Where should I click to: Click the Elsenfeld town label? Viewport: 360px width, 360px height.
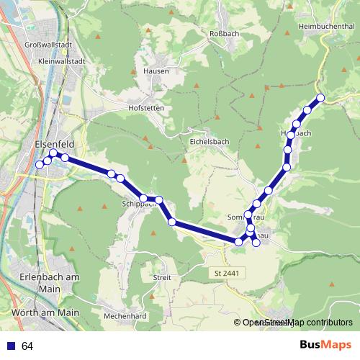click(55, 143)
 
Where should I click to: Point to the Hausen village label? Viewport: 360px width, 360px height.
click(156, 71)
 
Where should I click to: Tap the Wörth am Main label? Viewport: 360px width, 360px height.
click(45, 312)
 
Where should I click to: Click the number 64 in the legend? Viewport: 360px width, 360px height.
click(27, 346)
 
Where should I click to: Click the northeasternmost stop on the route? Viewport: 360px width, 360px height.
click(320, 98)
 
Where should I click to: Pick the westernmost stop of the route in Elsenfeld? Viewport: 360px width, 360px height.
click(40, 165)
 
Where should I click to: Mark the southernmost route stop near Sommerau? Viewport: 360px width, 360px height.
click(256, 242)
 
